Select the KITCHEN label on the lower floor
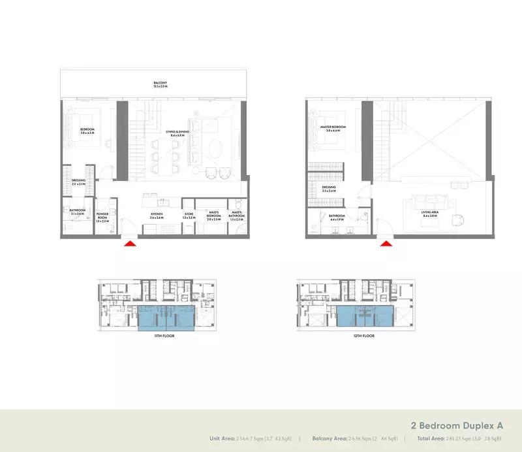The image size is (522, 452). pos(156,215)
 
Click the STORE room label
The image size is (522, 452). pos(189,215)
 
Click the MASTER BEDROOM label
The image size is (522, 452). pos(333,128)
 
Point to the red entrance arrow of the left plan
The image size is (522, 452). pos(130,244)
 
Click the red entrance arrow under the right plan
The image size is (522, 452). pos(386,244)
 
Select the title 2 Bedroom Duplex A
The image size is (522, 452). pos(457,425)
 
